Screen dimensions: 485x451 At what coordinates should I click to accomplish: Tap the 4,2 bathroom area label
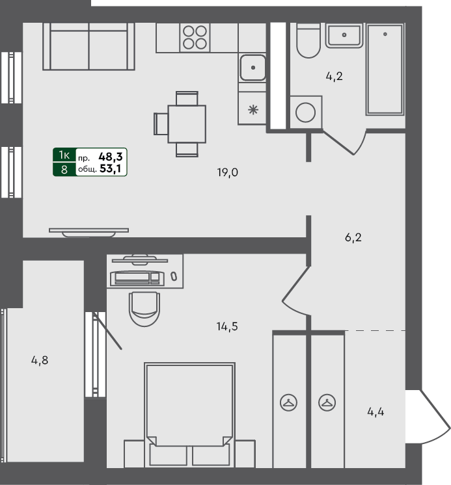click(x=334, y=76)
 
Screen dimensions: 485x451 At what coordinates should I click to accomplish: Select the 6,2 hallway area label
click(x=353, y=237)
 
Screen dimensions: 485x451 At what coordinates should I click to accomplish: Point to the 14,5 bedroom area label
click(x=227, y=326)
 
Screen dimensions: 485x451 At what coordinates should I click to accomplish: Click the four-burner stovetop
click(x=194, y=37)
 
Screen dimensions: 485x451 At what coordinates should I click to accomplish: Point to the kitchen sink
click(x=253, y=66)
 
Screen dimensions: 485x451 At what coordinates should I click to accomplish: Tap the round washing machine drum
click(x=305, y=112)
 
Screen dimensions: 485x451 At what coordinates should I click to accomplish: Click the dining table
click(x=187, y=123)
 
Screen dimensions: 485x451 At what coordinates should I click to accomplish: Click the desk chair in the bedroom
click(x=144, y=308)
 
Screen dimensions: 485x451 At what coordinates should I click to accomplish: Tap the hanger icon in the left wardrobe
click(x=288, y=403)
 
